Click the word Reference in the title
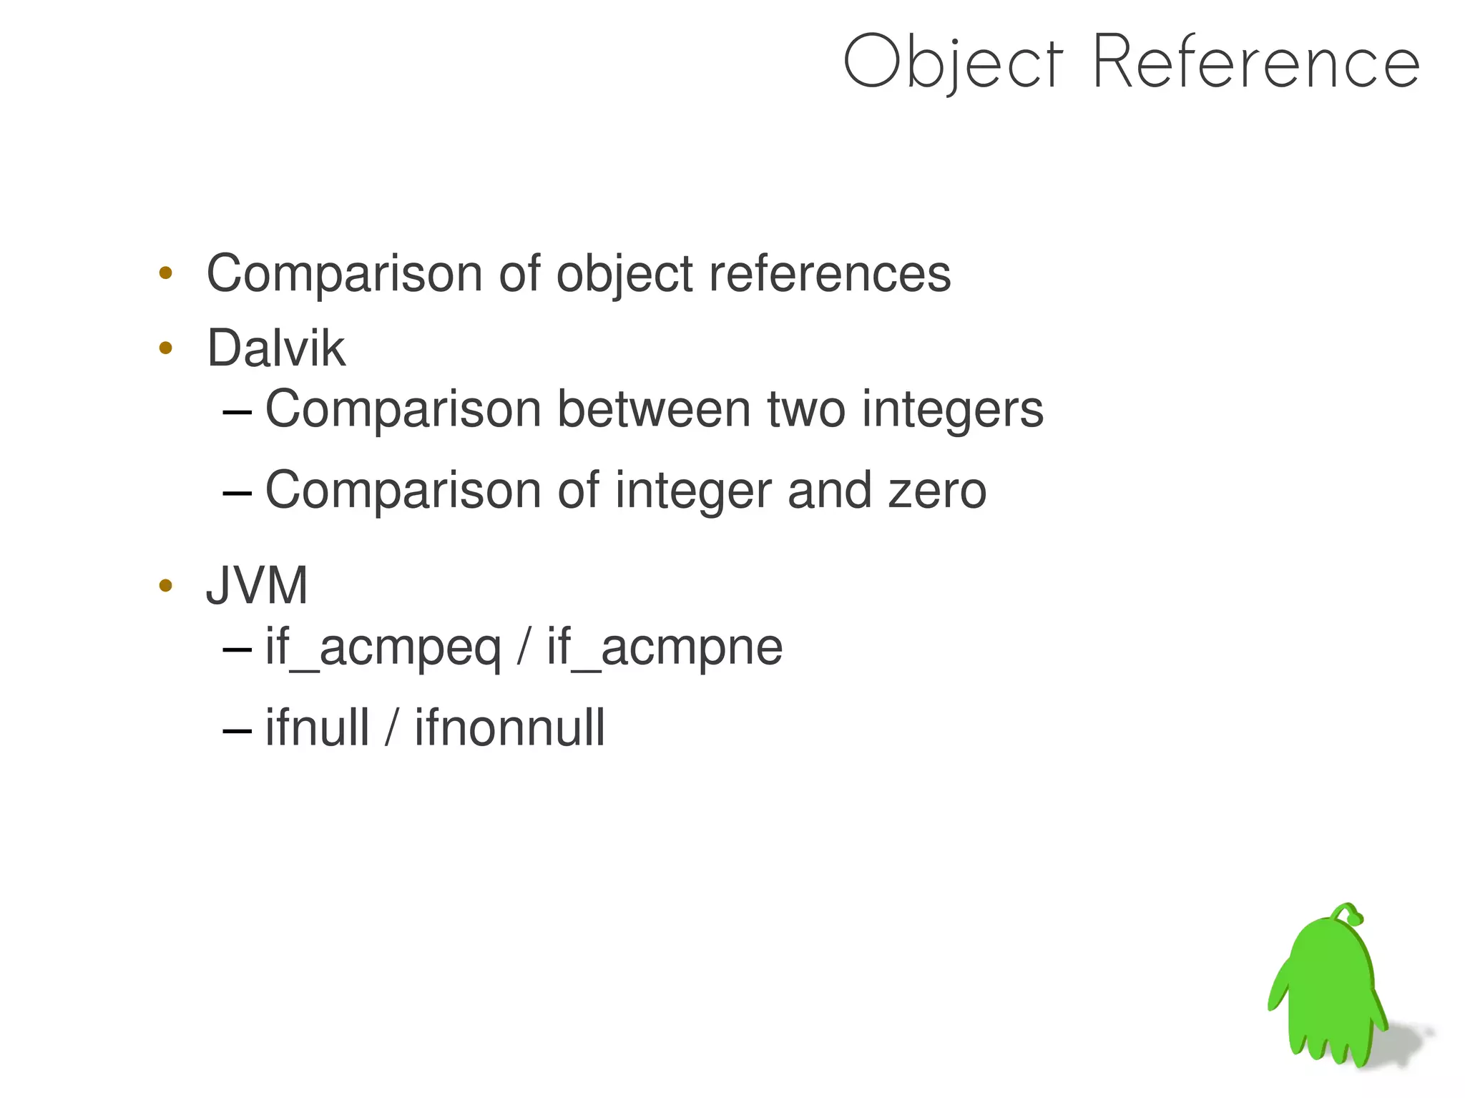coord(1255,63)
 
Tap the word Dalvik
coord(276,348)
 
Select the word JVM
coord(257,586)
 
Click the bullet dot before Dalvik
coord(166,348)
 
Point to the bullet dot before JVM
coord(166,586)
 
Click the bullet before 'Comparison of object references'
coord(166,273)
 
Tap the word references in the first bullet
coord(829,274)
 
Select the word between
coord(654,410)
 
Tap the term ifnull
coord(317,727)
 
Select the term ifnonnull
coord(509,727)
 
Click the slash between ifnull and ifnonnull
coord(391,727)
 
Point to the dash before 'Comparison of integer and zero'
coord(237,493)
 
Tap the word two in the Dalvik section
coord(806,410)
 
